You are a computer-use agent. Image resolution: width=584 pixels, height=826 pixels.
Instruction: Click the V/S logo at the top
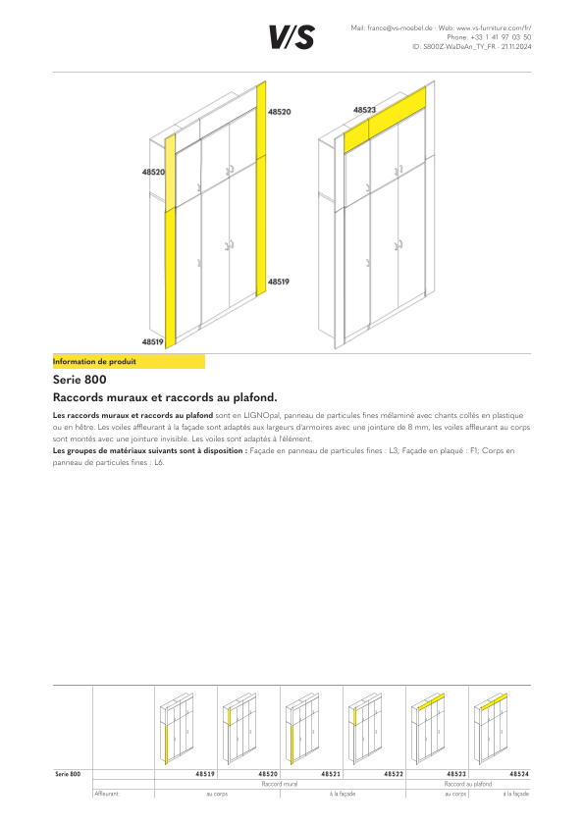pos(292,37)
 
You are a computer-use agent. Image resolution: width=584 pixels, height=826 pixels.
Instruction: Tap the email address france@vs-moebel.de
pos(400,27)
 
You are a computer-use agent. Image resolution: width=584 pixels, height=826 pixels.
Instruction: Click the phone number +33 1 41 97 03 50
pos(501,37)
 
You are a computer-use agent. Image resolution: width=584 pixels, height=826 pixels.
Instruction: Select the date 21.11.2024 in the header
pos(516,47)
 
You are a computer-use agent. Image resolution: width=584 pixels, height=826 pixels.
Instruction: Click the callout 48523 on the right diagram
pos(364,110)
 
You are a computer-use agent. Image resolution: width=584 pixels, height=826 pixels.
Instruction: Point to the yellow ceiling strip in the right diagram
pos(385,120)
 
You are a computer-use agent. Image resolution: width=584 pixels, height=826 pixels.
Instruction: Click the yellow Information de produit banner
pos(129,361)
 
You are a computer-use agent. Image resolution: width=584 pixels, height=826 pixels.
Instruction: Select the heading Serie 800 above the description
pos(80,380)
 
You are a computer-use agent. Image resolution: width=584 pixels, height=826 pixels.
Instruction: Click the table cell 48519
pos(205,774)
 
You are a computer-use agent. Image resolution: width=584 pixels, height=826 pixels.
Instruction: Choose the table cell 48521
pos(331,774)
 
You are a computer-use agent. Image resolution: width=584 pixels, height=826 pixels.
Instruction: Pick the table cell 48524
pos(519,774)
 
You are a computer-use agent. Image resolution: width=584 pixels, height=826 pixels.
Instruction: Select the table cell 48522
pos(394,774)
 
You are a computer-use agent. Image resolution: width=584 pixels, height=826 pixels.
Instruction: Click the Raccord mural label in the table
pos(280,784)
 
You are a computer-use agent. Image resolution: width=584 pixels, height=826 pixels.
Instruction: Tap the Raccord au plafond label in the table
pos(468,784)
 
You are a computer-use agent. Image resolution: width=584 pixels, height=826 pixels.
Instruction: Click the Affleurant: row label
pos(107,794)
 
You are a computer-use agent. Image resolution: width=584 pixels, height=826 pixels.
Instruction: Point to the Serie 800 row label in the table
pos(68,774)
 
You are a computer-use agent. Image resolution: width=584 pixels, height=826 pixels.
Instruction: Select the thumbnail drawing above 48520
pos(239,729)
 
